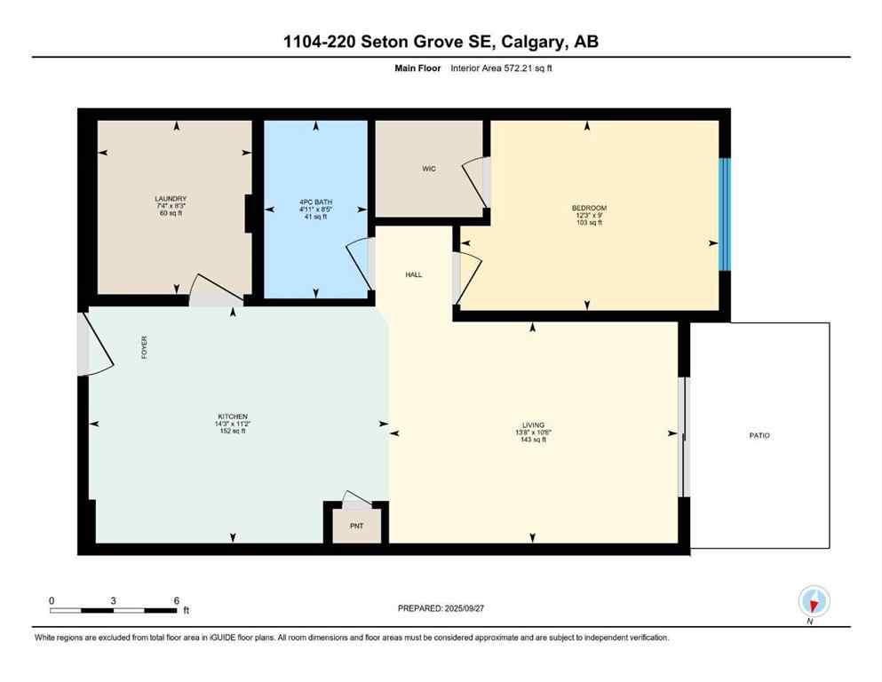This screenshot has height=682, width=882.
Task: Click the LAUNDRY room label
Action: [x=171, y=199]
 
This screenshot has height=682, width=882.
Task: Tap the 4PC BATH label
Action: [x=316, y=202]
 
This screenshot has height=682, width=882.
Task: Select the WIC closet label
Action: [x=428, y=169]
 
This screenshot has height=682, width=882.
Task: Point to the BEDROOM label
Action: [x=589, y=208]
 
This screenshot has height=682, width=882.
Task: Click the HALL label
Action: [x=413, y=275]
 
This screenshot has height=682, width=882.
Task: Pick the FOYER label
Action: [x=144, y=347]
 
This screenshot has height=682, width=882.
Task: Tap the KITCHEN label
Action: [x=233, y=416]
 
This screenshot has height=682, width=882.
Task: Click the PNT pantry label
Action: [x=355, y=526]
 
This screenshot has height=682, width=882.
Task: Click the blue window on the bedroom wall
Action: [x=724, y=214]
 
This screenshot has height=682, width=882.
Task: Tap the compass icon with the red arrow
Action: [x=814, y=601]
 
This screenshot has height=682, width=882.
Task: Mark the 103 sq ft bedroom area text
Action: [x=589, y=222]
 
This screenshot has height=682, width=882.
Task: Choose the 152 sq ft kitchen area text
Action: [x=233, y=432]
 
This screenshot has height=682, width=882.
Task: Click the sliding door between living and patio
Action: [x=683, y=437]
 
